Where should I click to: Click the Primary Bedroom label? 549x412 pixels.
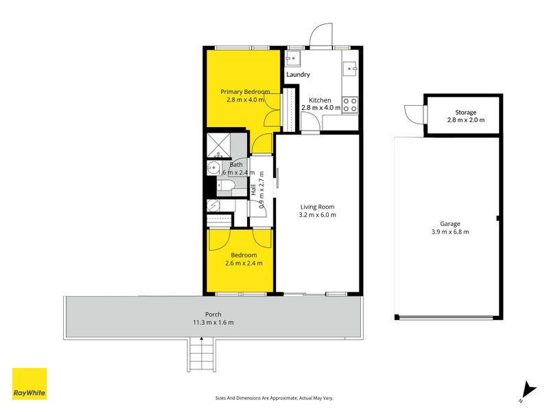click(x=245, y=91)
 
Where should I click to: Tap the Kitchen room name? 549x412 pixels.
click(x=320, y=99)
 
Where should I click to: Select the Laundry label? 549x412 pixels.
click(x=298, y=74)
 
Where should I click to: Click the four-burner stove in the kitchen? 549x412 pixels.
click(x=350, y=104)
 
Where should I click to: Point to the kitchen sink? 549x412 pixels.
click(x=350, y=67)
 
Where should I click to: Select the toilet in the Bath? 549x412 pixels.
click(x=226, y=186)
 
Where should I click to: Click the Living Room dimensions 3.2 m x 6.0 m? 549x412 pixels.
click(x=317, y=215)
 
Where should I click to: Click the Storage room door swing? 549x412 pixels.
click(x=414, y=113)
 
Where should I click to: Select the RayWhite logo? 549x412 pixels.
click(x=30, y=384)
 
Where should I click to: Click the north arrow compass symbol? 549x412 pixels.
click(x=526, y=391)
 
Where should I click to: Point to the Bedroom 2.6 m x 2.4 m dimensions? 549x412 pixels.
click(x=244, y=263)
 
